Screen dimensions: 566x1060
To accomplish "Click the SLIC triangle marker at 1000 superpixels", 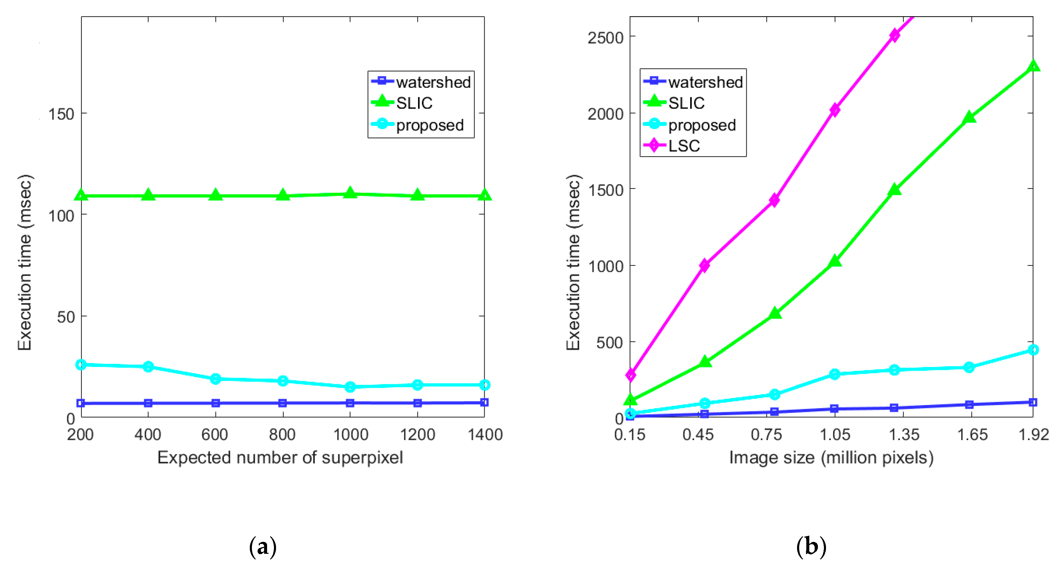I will coord(350,193).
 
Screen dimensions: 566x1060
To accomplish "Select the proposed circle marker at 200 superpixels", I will coord(81,365).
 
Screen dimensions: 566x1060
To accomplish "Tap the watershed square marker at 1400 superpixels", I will coord(484,402).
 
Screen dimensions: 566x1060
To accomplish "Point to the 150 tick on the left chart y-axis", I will coord(61,114).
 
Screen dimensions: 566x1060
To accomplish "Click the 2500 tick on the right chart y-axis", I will coord(605,38).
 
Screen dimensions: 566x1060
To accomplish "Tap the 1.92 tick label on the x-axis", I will coord(1033,435).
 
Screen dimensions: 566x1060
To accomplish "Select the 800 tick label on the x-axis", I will coord(282,435).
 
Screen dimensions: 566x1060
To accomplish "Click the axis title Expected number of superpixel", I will coord(280,458).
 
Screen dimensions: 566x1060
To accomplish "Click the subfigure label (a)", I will coord(263,547).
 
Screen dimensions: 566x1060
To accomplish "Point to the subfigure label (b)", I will coord(811,547).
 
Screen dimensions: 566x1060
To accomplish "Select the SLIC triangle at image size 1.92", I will coord(1033,66).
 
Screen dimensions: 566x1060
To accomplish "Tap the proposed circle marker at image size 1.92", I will coord(1033,350).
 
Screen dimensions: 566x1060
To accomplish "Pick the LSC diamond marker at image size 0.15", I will coord(630,375).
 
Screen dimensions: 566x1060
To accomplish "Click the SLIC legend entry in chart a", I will coord(414,103).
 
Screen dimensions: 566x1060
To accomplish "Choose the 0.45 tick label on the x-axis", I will coord(698,435).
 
